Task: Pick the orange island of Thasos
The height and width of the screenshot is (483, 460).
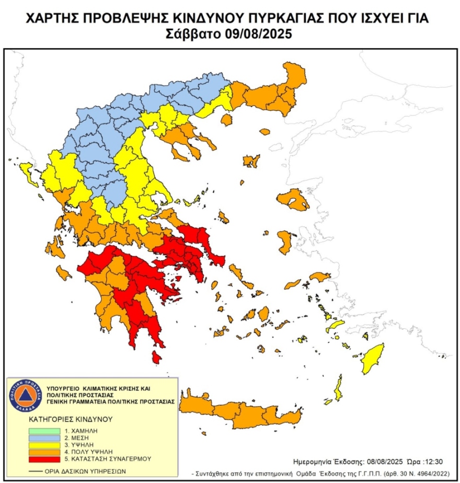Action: (x=226, y=120)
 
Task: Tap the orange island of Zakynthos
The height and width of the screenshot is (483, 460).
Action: (x=63, y=272)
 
